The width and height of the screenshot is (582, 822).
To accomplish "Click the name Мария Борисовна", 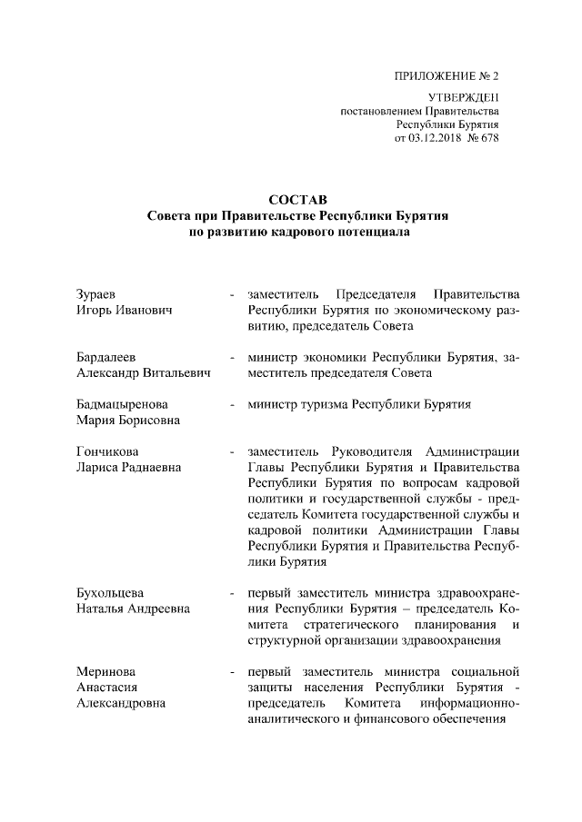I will (x=126, y=420).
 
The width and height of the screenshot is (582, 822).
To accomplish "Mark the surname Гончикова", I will (x=112, y=451).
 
